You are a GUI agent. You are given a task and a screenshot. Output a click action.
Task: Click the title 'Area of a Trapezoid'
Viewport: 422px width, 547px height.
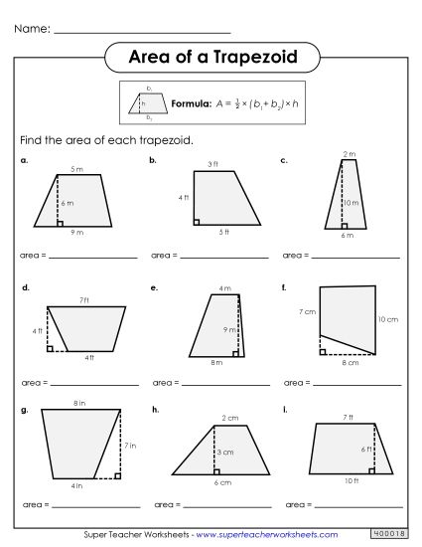tap(211, 57)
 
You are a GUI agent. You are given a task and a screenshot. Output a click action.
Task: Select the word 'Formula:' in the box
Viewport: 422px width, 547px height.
tap(190, 102)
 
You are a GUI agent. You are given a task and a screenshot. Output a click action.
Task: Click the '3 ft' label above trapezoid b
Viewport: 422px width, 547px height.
tap(212, 163)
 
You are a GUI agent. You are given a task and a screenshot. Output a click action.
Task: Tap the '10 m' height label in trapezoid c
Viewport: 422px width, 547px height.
tap(352, 203)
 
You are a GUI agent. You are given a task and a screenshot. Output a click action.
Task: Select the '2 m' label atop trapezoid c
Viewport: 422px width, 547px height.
tap(348, 154)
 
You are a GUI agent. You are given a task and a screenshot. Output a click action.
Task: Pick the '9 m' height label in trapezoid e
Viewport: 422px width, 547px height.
tap(227, 329)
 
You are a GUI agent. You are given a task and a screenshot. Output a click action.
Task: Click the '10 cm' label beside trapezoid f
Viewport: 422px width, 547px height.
tap(388, 319)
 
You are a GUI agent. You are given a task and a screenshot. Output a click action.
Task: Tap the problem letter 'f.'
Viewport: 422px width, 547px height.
tap(284, 287)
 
